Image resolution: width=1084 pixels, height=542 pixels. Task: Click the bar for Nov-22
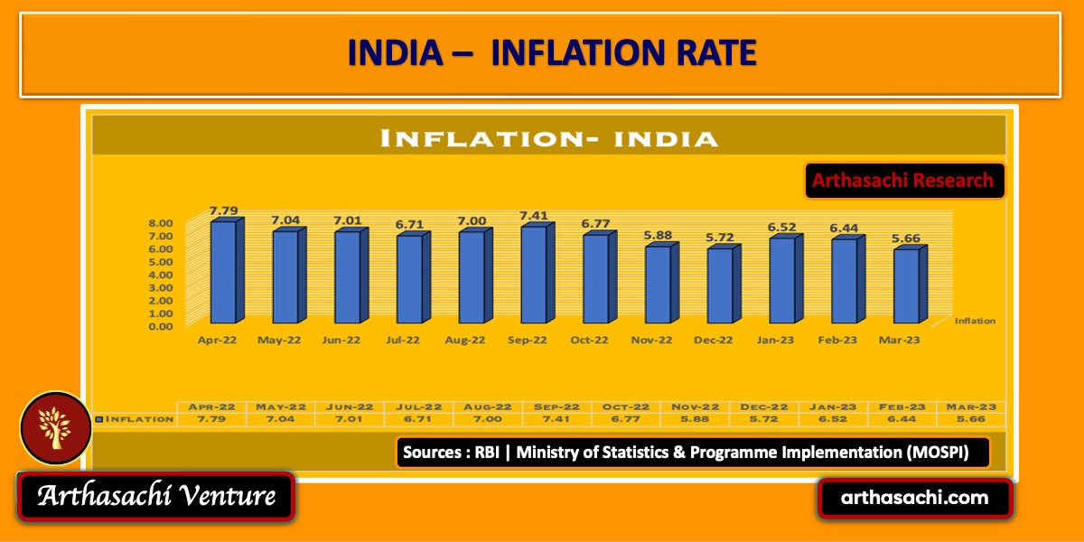tap(658, 284)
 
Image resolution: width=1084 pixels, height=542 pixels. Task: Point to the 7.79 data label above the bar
tap(224, 211)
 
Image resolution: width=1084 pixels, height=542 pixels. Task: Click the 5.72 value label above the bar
tap(721, 238)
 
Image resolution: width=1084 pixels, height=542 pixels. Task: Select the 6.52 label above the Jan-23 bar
tap(783, 228)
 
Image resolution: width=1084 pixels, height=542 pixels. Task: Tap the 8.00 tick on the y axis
tap(161, 223)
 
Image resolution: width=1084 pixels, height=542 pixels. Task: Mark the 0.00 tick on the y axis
tap(161, 326)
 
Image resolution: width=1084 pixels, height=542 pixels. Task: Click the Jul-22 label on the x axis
tap(402, 341)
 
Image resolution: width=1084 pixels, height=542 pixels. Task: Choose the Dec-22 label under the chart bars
tap(714, 341)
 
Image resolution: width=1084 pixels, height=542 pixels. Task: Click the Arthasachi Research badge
tap(902, 180)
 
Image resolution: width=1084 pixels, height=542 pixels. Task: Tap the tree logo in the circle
tap(54, 426)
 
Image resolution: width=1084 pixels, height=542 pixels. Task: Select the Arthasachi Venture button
tap(156, 496)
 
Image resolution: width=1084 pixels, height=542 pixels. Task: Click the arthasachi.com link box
tap(914, 498)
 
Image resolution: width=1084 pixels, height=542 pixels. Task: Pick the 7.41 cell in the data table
tap(556, 419)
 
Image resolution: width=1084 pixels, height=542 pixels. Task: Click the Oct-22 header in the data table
tap(625, 406)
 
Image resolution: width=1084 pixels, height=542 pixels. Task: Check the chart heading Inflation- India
tap(549, 138)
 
